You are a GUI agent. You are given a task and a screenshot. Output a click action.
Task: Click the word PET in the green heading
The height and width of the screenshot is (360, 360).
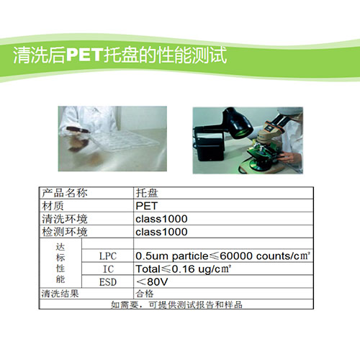(84, 55)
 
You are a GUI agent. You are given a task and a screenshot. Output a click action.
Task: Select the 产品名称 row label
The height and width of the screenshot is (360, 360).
(65, 193)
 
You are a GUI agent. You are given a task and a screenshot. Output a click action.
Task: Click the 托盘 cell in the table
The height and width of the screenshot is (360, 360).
(147, 193)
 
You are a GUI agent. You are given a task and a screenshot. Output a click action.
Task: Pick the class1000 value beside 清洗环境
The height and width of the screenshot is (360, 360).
(161, 219)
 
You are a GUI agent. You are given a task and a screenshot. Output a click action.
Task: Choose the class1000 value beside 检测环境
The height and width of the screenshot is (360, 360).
(161, 232)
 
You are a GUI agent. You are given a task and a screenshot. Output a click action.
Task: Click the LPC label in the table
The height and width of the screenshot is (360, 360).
(108, 256)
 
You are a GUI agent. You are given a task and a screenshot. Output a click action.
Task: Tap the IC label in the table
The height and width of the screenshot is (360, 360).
(108, 269)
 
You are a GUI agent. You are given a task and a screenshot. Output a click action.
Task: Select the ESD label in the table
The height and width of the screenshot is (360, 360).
(108, 282)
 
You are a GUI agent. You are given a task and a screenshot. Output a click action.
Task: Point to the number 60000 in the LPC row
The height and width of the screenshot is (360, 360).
(237, 256)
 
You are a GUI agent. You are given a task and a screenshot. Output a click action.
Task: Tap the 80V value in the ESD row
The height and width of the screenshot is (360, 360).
(158, 282)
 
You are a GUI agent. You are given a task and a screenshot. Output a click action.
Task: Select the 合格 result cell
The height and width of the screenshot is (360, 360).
(145, 294)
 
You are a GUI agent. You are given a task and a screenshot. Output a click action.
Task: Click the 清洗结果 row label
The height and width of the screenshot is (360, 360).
(60, 294)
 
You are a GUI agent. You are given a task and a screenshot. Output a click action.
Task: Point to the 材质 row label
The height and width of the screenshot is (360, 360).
(53, 206)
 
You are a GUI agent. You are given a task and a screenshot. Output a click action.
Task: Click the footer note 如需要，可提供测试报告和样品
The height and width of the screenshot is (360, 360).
(176, 305)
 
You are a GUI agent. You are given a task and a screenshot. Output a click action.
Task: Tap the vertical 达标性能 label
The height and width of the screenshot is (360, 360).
(60, 263)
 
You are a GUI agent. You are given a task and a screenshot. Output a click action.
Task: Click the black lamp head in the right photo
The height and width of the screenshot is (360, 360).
(238, 124)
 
